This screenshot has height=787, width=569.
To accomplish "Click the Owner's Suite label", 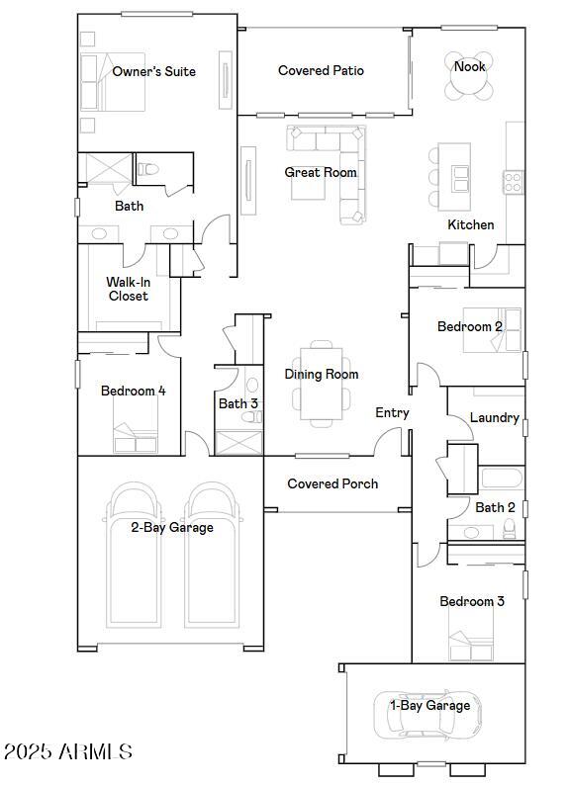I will [x=153, y=71].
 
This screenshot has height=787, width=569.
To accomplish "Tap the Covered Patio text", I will [x=321, y=71].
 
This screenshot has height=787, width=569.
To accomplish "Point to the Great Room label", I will [x=321, y=172].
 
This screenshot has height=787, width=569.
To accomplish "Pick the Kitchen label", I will [x=471, y=224].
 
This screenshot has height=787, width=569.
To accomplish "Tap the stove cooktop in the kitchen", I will [x=514, y=182].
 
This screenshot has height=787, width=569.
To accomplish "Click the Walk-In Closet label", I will [x=128, y=289].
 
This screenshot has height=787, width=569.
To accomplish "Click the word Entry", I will [x=392, y=412].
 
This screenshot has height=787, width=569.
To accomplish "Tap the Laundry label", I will [x=494, y=418].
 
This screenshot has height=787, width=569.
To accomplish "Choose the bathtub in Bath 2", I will [x=502, y=480].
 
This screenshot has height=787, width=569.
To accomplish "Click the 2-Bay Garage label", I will [x=171, y=527].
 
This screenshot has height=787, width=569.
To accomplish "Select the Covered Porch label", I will [x=332, y=483].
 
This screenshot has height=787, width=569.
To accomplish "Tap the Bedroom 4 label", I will [x=133, y=391].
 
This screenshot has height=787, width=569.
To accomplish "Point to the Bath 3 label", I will [x=238, y=403].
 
